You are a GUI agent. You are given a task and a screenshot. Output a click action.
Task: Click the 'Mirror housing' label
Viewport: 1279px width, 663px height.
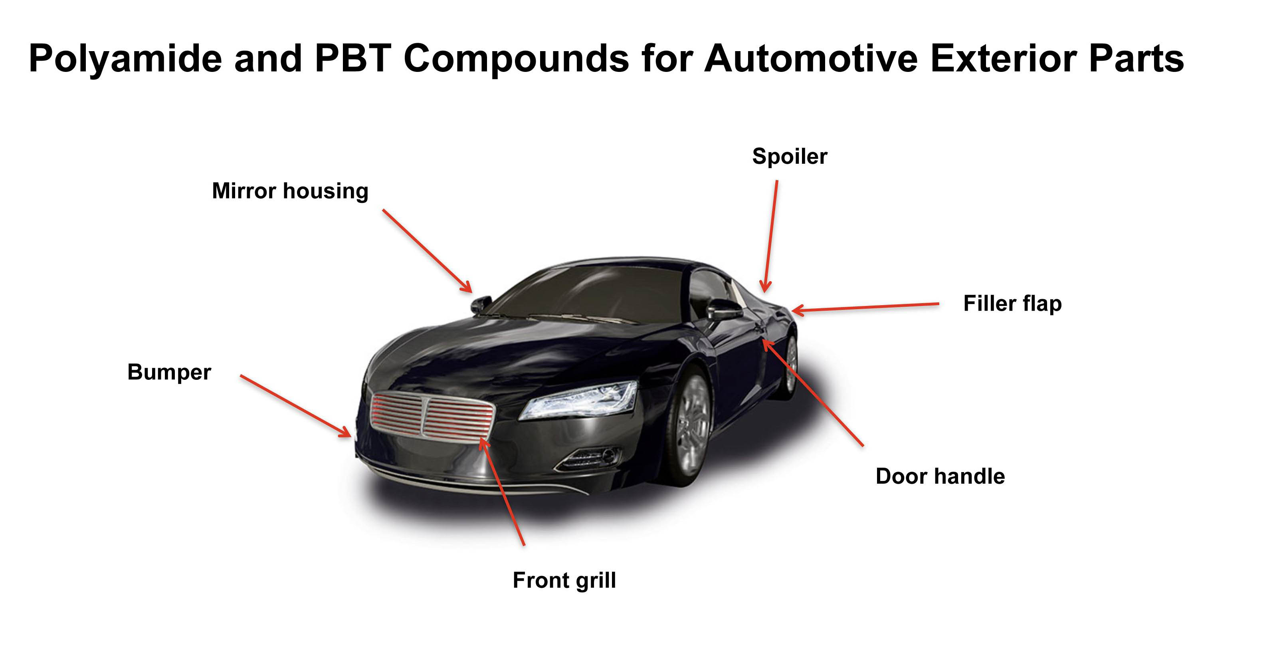pyautogui.click(x=290, y=191)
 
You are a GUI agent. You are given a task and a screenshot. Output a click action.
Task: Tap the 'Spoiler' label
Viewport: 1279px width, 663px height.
pyautogui.click(x=790, y=157)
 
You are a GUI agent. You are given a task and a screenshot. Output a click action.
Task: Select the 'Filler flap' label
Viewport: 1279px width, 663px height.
pyautogui.click(x=1012, y=304)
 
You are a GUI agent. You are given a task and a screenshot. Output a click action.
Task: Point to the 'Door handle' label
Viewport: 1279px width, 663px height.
pyautogui.click(x=940, y=476)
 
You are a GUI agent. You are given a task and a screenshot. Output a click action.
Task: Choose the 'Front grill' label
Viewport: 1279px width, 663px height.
pyautogui.click(x=564, y=580)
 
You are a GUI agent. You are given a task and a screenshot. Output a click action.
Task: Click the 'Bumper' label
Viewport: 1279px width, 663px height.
pyautogui.click(x=169, y=372)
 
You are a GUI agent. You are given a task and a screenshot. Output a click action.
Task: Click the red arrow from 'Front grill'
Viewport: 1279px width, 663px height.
pyautogui.click(x=503, y=492)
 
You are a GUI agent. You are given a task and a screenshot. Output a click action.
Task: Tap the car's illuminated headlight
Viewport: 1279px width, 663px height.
pyautogui.click(x=581, y=400)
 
